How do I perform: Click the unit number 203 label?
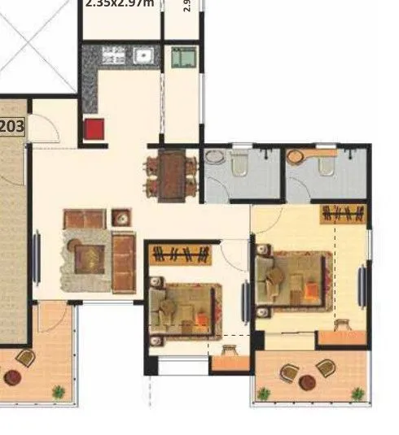click(11, 126)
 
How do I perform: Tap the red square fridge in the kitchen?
click(94, 129)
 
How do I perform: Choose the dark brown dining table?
click(171, 176)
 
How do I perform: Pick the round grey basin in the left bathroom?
click(213, 158)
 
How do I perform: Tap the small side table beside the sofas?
click(121, 217)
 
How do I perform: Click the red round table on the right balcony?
click(307, 381)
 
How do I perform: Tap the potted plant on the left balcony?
click(59, 392)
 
